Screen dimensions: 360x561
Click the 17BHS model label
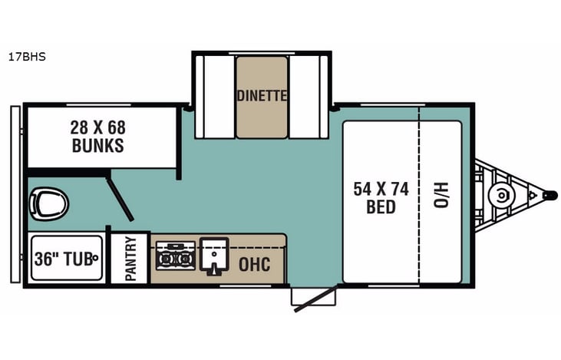pos(28,56)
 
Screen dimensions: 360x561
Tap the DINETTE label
pos(262,96)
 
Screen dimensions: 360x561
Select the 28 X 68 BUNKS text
pos(97,136)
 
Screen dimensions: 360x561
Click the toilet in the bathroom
pos(48,204)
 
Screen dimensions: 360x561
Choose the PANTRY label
pos(130,259)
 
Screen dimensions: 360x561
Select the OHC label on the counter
pos(254,265)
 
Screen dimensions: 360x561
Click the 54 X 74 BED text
pos(381,197)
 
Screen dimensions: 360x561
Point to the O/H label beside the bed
pos(441,197)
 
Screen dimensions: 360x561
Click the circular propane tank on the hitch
pos(502,195)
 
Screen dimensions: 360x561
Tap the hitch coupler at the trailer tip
pos(549,195)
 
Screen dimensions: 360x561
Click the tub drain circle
pos(96,259)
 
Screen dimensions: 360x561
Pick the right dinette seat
pos(309,97)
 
